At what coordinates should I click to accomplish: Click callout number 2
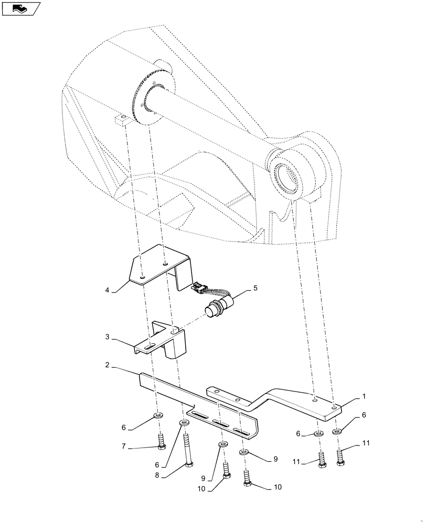[106, 365]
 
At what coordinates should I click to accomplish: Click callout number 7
[124, 447]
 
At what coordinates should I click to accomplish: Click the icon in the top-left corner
[21, 8]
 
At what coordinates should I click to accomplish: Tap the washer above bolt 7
[157, 416]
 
